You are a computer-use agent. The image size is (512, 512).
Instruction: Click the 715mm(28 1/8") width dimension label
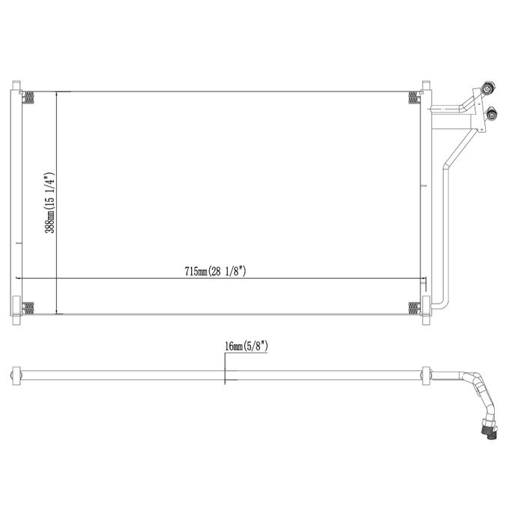point(215,271)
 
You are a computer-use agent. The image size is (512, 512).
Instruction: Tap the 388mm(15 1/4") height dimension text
point(50,202)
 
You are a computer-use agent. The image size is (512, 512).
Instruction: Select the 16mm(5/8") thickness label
point(247,346)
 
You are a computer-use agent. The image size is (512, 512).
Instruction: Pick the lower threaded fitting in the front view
point(491,113)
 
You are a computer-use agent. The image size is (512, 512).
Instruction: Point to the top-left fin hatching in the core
point(28,97)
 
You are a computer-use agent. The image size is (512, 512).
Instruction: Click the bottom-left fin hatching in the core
point(28,309)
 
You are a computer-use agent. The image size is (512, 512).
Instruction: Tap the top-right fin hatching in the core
point(413,97)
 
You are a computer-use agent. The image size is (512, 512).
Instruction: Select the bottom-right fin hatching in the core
point(413,309)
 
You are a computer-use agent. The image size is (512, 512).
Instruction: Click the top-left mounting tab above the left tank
point(16,85)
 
